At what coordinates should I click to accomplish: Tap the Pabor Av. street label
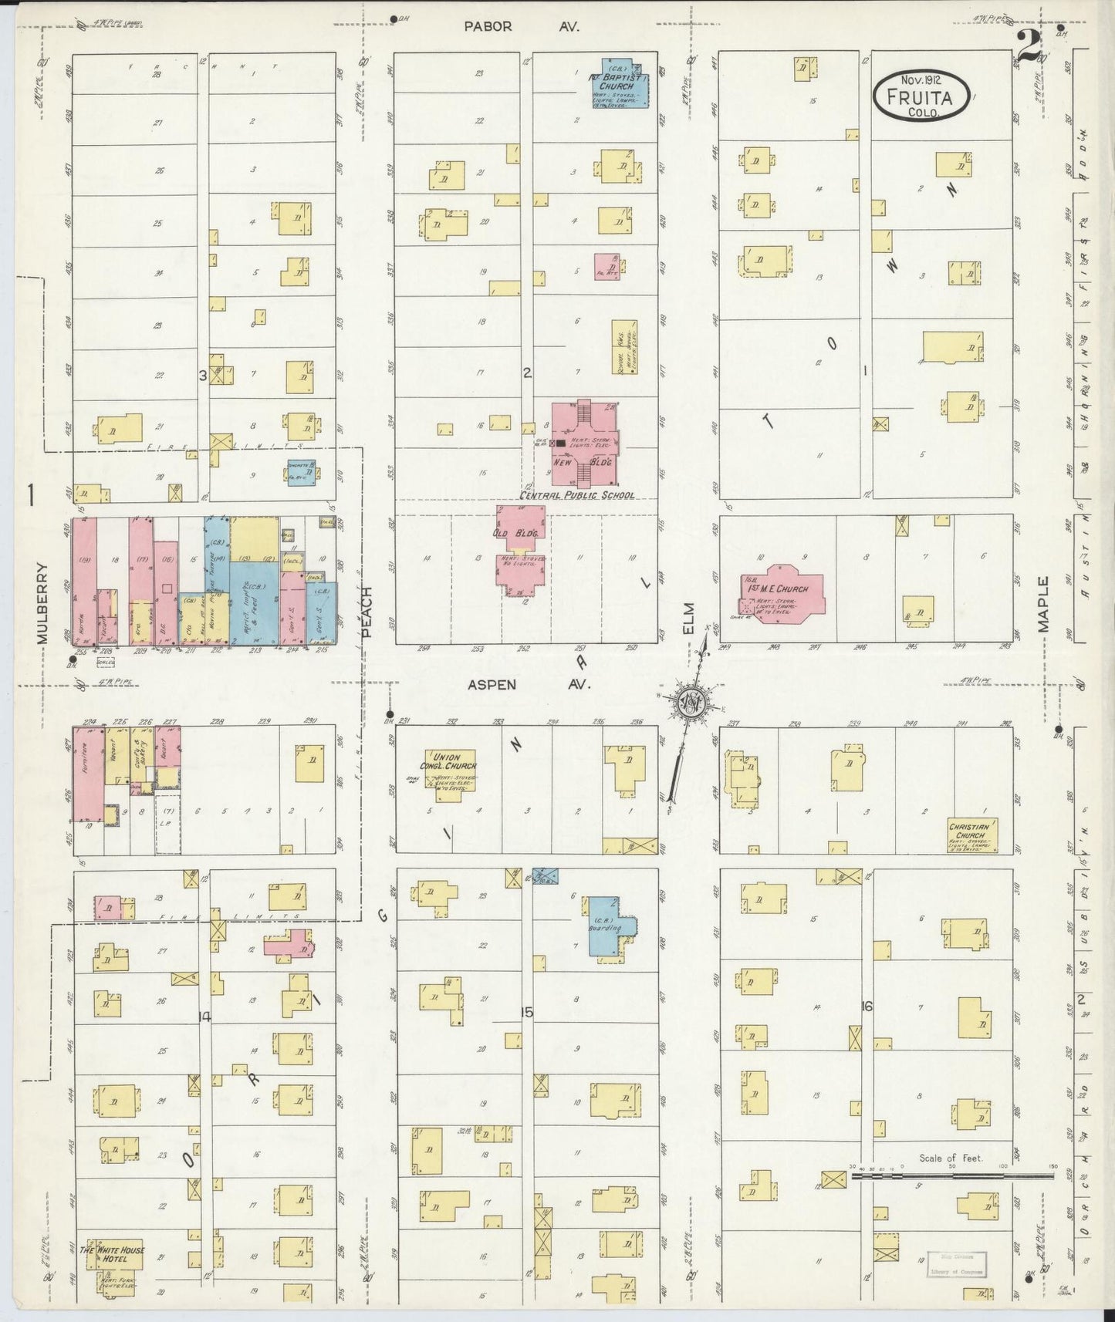tap(522, 26)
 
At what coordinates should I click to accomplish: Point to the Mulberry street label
tap(42, 602)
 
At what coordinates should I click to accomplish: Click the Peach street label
tap(367, 612)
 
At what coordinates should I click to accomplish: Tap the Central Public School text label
tap(577, 494)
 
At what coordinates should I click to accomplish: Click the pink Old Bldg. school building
tap(521, 548)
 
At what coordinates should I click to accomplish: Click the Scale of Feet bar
tap(953, 1176)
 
